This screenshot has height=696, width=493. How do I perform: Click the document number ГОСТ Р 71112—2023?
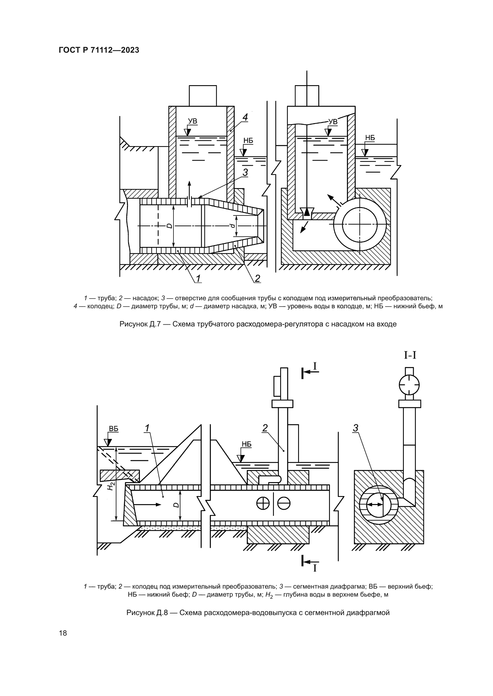[99, 50]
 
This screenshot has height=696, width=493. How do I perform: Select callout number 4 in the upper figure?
[245, 117]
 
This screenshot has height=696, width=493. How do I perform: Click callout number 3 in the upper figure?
[245, 173]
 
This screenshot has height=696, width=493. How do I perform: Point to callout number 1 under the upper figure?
[198, 278]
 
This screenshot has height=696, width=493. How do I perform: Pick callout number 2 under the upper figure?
[257, 278]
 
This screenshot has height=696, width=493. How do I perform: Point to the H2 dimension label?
[111, 486]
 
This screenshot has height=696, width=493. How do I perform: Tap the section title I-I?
[410, 355]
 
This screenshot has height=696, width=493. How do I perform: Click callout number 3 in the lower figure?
[356, 428]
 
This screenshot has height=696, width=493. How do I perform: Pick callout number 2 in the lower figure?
[265, 428]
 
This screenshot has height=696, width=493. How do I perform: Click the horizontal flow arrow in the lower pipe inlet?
[147, 504]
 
